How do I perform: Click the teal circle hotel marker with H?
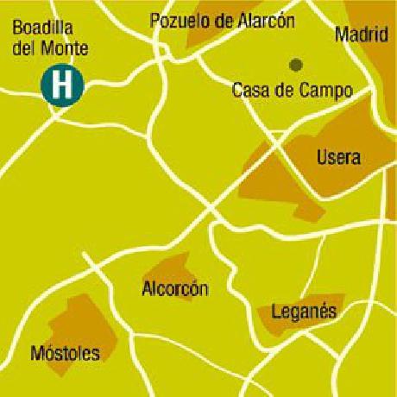(61, 85)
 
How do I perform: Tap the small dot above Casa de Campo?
(295, 64)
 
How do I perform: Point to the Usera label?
(338, 158)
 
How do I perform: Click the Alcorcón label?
(175, 289)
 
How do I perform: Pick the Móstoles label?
(65, 352)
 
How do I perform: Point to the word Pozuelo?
(176, 20)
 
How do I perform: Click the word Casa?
(250, 89)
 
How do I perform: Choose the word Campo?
(311, 89)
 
